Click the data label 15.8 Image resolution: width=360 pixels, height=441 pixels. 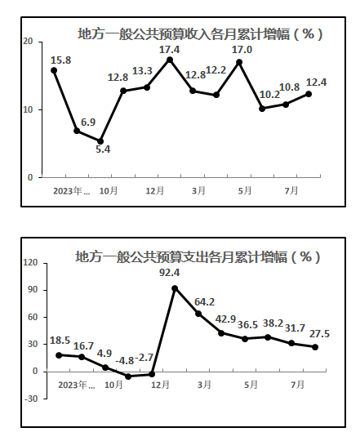coord(60,60)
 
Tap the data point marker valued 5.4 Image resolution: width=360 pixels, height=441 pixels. coord(100,141)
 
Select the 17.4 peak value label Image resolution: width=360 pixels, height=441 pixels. coord(169,50)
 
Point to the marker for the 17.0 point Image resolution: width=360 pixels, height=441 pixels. coord(239,62)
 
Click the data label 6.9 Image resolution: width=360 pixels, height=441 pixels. coord(88,122)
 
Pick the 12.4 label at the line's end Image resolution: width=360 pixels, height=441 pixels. coord(316,82)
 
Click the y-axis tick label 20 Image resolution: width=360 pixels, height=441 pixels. coord(28,42)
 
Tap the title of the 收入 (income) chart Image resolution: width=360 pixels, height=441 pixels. coord(200,34)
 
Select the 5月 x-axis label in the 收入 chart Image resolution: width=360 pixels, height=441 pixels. coord(245,190)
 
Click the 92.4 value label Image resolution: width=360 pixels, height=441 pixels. coord(170,272)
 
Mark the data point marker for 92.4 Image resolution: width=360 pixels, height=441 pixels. coord(175,288)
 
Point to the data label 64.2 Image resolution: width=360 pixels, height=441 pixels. coord(204,302)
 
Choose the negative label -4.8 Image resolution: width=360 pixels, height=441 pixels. coord(125,361)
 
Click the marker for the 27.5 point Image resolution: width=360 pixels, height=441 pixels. coord(315,347)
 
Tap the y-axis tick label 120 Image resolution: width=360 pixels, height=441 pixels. coord(30,262)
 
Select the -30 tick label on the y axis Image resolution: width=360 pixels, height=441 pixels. coord(31,399)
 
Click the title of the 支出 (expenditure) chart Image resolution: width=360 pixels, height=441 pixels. coord(198,256)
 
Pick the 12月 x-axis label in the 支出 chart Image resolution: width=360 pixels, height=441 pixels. coord(161,385)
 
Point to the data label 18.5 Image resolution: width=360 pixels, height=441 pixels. coord(60,341)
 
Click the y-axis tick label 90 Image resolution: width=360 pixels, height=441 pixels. coord(33,290)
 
